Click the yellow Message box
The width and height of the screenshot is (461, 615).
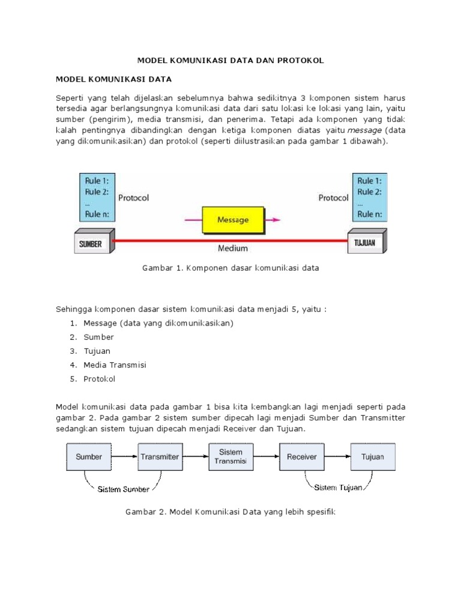tap(233, 220)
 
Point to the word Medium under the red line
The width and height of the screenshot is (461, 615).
tap(232, 247)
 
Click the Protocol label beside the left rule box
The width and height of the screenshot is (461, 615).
tap(133, 197)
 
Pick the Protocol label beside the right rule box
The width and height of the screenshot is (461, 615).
tap(333, 197)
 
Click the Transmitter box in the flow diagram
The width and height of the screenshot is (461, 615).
tap(160, 456)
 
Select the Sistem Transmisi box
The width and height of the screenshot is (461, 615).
tap(230, 456)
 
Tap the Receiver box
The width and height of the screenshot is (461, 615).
tap(301, 456)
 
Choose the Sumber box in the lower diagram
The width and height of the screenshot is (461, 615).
tap(89, 456)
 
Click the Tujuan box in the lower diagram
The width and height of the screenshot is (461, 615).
tap(372, 456)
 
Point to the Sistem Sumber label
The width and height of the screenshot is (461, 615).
tap(124, 489)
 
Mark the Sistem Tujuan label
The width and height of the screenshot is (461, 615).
tap(338, 487)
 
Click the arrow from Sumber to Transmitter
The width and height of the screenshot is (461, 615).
tap(124, 456)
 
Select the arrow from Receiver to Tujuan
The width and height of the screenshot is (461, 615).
tap(337, 456)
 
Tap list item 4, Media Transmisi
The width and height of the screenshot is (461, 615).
tap(115, 365)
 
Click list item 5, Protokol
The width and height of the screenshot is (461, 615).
tap(99, 379)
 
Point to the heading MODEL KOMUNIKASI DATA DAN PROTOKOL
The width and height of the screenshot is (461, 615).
tap(230, 60)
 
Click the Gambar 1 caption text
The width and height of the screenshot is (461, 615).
tap(230, 268)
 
